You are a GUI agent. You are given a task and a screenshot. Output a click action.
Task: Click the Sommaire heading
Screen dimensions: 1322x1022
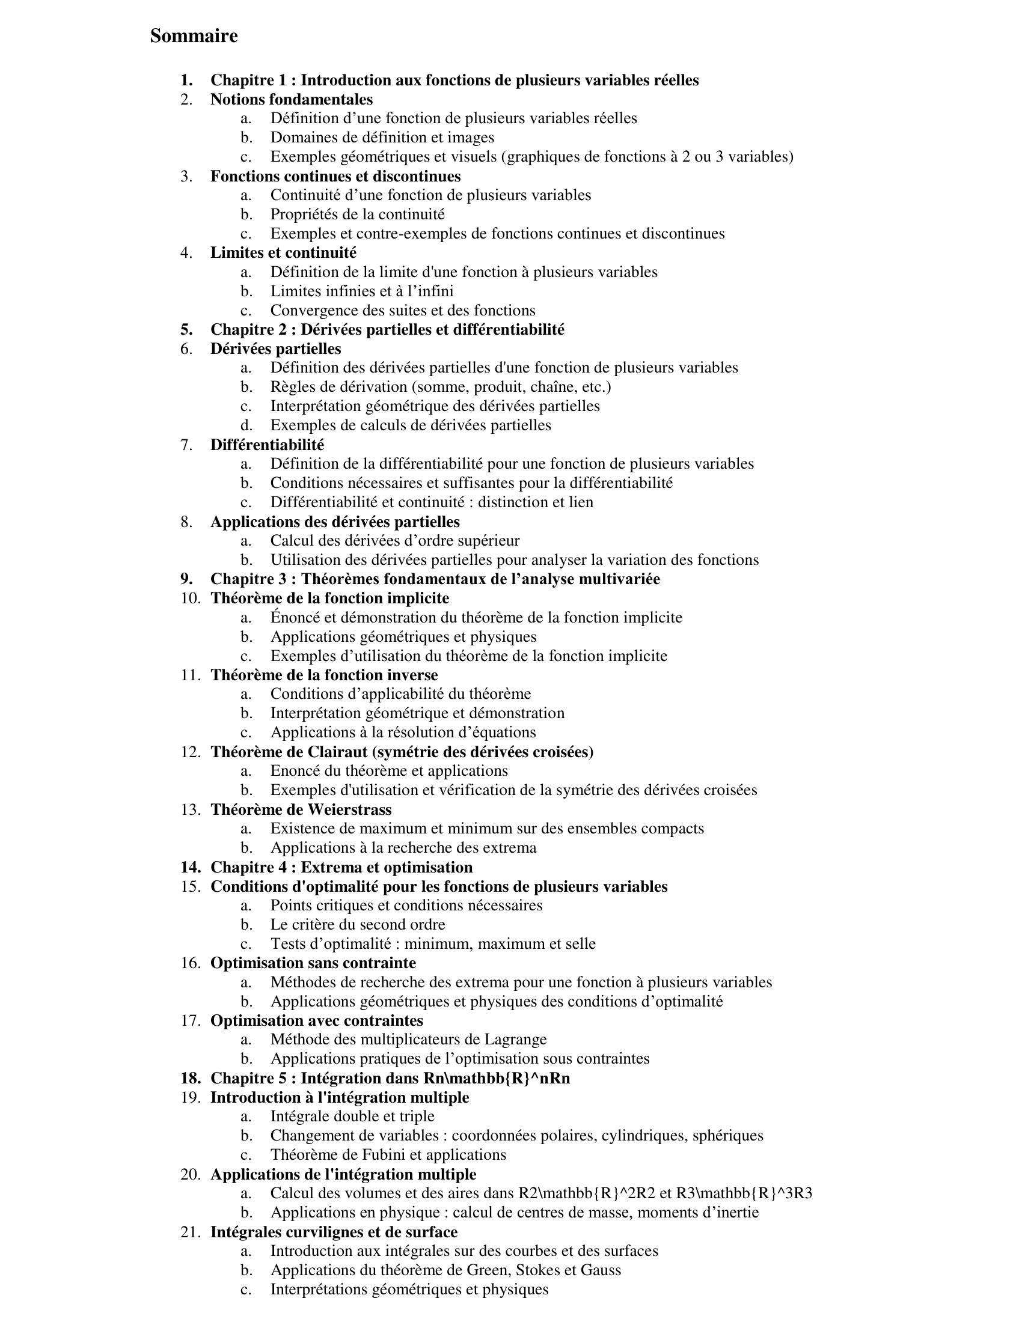pos(194,36)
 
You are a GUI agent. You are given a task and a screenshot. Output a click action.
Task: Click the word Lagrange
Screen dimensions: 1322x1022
pos(515,1040)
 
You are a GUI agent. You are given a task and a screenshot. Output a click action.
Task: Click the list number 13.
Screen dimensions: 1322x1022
pos(189,809)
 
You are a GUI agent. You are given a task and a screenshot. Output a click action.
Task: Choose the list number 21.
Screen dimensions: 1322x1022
pos(189,1232)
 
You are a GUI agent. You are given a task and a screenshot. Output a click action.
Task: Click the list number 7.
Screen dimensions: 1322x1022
pos(186,445)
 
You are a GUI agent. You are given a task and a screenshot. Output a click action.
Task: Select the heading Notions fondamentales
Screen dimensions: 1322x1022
pos(291,99)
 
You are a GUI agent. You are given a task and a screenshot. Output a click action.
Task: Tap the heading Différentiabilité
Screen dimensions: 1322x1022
pos(267,445)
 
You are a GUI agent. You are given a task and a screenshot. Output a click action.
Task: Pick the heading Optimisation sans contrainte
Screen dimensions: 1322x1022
pos(313,963)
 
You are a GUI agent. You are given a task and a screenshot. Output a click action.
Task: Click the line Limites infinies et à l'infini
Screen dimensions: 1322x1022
pos(361,291)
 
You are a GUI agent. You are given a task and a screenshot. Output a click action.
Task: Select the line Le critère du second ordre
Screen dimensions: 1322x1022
pos(357,924)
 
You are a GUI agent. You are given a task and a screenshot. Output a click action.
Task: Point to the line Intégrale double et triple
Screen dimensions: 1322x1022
pos(352,1116)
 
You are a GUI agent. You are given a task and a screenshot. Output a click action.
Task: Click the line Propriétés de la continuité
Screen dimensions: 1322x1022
pos(357,215)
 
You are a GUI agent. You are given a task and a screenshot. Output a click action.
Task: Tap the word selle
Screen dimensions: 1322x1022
pos(580,943)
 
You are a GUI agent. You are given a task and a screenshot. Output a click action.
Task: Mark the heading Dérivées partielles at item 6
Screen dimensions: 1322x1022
pos(275,349)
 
